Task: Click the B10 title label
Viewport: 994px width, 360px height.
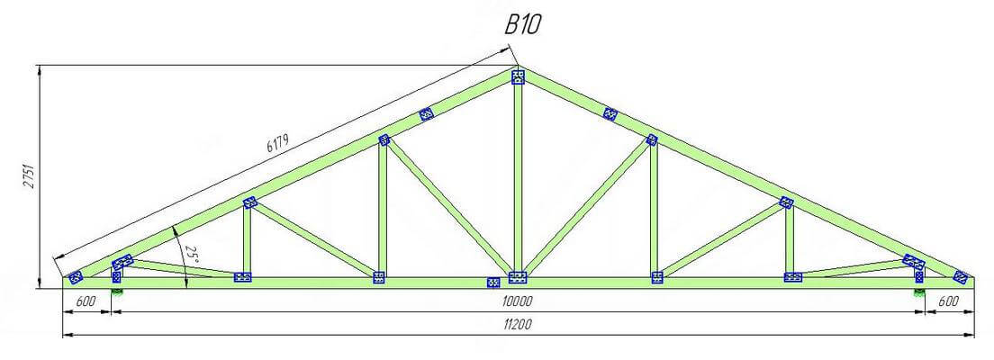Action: point(523,24)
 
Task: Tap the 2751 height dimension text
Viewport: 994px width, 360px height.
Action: point(29,179)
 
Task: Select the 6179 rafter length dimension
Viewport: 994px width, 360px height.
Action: point(277,143)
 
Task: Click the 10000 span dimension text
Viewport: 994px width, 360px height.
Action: point(518,301)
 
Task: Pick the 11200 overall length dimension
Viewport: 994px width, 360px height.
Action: point(518,324)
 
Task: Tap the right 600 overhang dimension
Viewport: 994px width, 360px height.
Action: point(948,301)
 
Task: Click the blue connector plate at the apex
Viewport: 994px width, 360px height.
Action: point(519,77)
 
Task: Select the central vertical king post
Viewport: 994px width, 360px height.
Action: point(518,177)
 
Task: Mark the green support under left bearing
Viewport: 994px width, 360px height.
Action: point(117,292)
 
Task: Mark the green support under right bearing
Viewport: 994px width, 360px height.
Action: point(919,292)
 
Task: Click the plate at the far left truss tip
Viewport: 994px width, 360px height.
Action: point(76,277)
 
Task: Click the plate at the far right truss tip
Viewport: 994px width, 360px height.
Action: point(961,277)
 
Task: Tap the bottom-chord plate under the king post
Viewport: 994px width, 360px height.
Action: point(518,277)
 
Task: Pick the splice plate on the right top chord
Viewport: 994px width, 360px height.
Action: point(610,114)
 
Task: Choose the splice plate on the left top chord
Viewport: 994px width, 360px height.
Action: point(427,114)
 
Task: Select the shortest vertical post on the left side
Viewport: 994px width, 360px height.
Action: point(117,273)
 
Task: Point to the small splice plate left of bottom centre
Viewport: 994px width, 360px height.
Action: point(492,283)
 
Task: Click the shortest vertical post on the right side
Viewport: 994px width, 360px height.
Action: point(918,273)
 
